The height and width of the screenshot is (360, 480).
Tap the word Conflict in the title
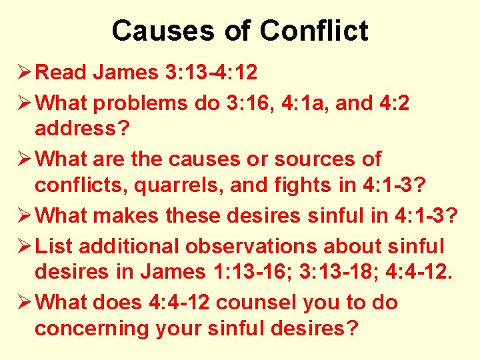[314, 31]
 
